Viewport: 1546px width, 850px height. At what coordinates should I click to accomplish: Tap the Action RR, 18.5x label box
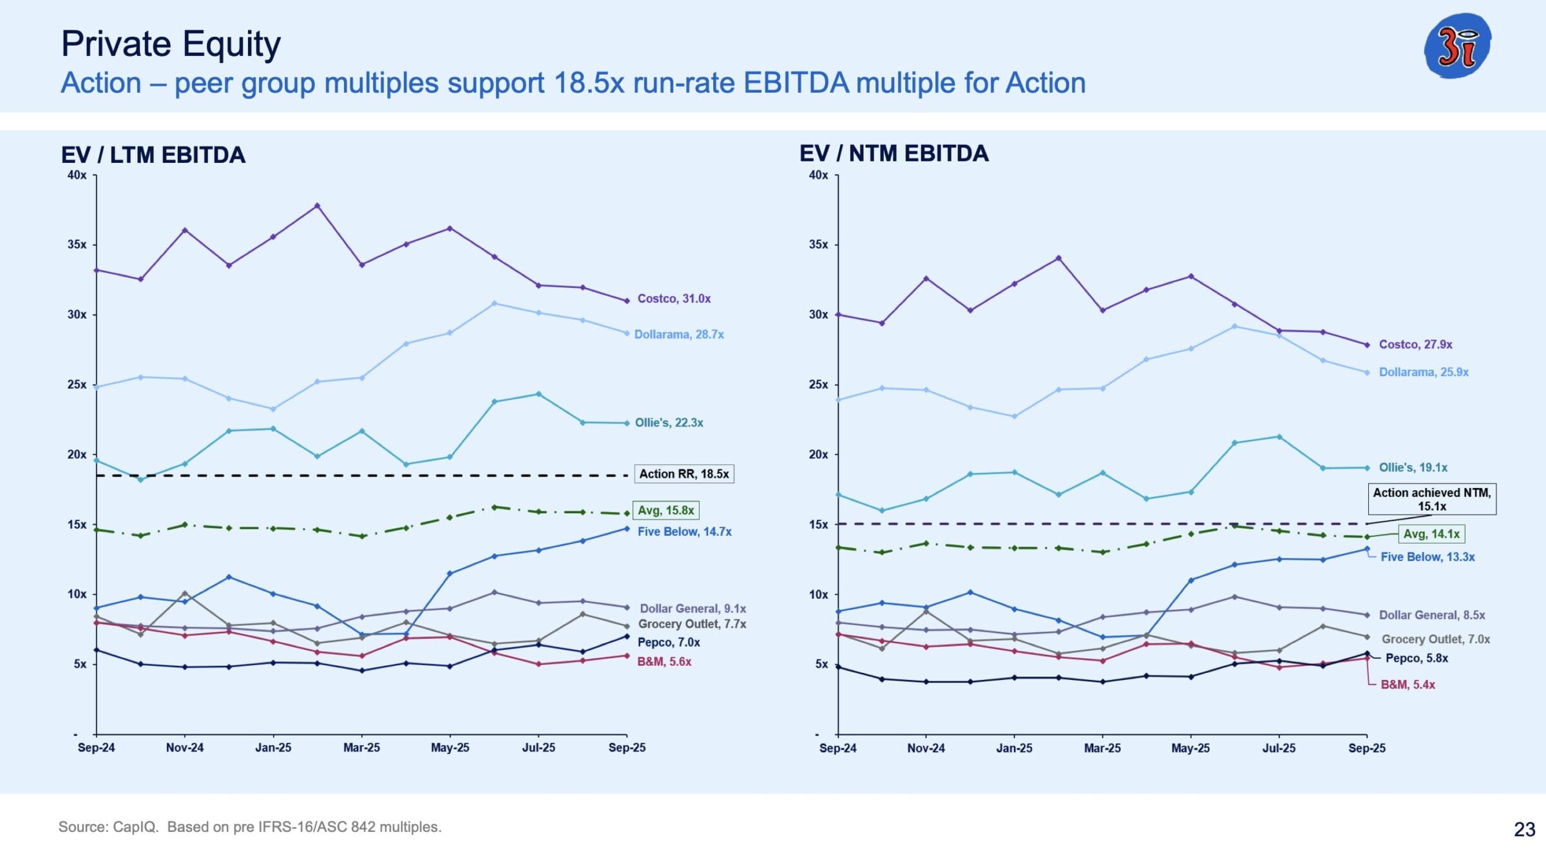[x=683, y=474]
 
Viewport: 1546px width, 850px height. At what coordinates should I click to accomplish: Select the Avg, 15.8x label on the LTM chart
[x=665, y=511]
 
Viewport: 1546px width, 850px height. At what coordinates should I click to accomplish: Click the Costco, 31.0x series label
[x=674, y=299]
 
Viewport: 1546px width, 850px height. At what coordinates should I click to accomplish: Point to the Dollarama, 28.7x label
[x=679, y=335]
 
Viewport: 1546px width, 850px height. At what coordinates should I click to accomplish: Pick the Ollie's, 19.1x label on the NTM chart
[x=1413, y=467]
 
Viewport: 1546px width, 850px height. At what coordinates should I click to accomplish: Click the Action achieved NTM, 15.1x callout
[x=1431, y=499]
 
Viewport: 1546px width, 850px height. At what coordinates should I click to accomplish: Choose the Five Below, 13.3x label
[x=1427, y=557]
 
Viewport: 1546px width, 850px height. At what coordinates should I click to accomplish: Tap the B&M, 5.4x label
[x=1408, y=685]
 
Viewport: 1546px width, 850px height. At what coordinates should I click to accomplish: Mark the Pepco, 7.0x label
[x=669, y=643]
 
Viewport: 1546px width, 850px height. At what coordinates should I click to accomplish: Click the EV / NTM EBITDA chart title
[x=893, y=154]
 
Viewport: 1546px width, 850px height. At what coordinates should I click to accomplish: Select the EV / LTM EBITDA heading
[x=153, y=155]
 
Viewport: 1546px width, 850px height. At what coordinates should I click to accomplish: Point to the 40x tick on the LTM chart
[x=77, y=175]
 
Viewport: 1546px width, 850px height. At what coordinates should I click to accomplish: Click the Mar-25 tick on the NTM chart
[x=1102, y=748]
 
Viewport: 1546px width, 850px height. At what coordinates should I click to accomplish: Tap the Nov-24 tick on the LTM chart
[x=185, y=748]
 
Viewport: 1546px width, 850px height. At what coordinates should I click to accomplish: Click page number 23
[x=1524, y=829]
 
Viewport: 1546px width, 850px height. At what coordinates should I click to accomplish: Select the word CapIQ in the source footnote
[x=135, y=827]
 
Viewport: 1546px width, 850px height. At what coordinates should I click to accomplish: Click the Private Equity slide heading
[x=171, y=44]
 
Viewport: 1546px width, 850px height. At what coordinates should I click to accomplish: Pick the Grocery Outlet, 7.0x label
[x=1435, y=639]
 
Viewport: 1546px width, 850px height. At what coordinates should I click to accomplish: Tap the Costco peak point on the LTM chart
[x=317, y=206]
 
